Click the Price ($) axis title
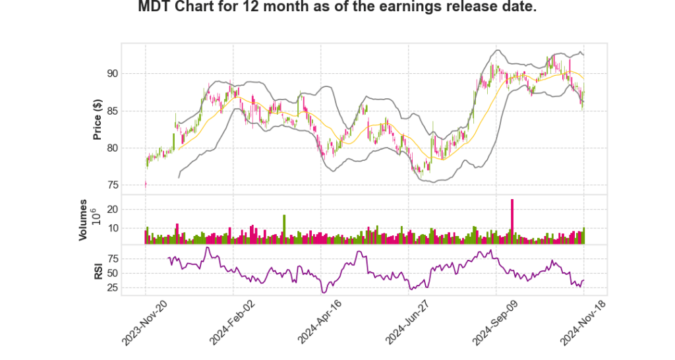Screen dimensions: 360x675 [98, 119]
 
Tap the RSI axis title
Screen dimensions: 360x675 [98, 270]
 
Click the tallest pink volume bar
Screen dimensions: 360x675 [512, 221]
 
